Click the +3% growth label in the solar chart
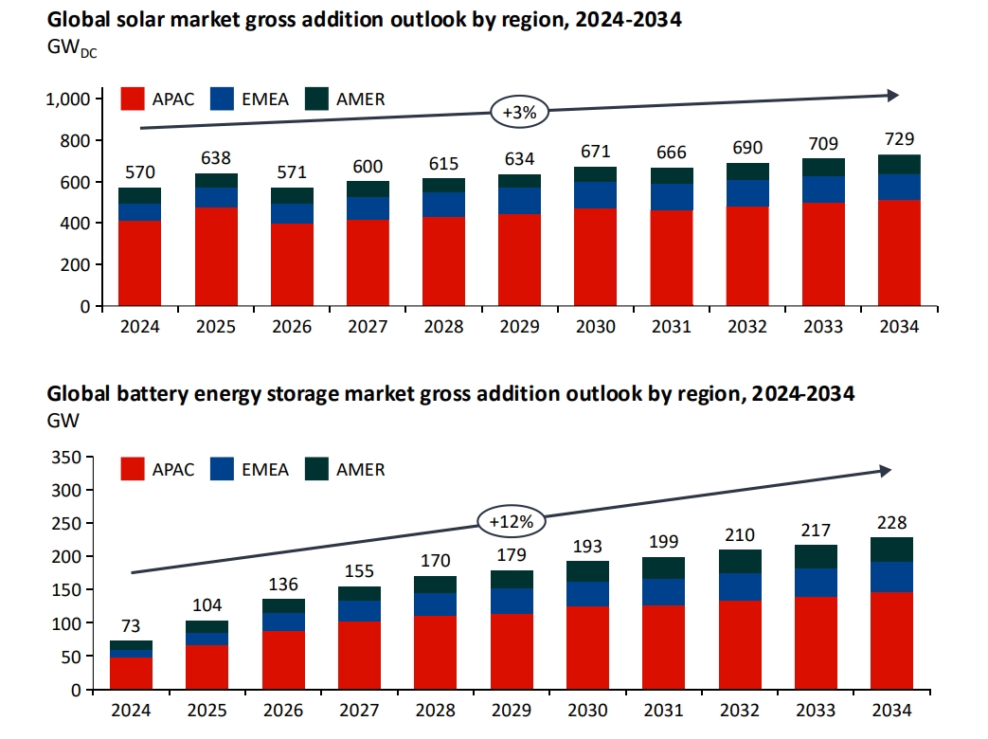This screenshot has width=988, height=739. [x=518, y=112]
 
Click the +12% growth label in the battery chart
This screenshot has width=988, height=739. [x=512, y=520]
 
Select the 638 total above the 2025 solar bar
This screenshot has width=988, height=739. [x=216, y=158]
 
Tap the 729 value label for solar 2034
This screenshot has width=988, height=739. [x=898, y=139]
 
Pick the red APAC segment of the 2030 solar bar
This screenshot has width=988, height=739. [x=595, y=257]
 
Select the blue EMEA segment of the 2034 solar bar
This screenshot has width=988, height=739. [x=898, y=187]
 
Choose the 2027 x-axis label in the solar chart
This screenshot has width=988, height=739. [x=368, y=327]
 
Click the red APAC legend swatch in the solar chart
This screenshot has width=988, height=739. [x=134, y=99]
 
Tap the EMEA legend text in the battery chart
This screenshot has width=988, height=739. [x=264, y=469]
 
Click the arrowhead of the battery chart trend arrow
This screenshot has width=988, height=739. [x=885, y=471]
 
